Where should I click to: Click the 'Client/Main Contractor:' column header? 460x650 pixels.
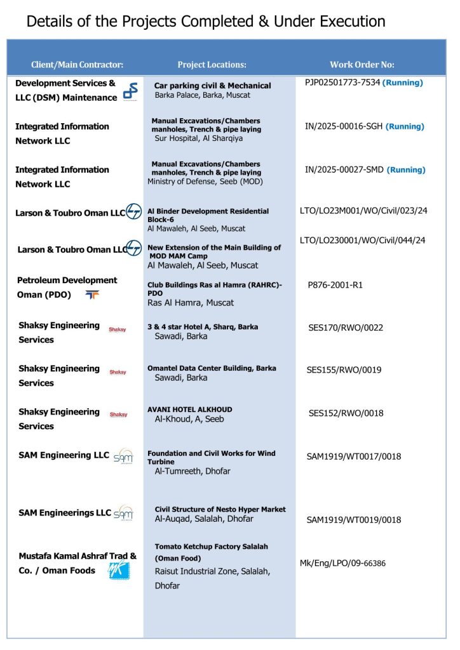point(77,65)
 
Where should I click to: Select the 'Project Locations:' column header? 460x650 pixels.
point(212,65)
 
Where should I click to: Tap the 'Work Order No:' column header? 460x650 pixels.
point(362,65)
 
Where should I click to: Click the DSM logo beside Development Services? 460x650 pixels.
point(130,92)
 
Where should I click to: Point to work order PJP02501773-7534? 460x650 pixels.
point(342,83)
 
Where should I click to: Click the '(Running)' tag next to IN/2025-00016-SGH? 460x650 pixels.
point(405,126)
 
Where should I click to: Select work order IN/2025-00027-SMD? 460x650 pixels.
point(344,169)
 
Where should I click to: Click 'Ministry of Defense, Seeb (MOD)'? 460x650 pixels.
point(205,182)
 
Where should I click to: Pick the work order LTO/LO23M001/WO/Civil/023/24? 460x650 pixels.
point(363,211)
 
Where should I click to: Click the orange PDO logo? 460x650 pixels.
point(92,295)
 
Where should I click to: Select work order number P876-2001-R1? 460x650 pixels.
point(335,285)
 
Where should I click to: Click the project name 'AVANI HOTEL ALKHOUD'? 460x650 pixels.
point(190,409)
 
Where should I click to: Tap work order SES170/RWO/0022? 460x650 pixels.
point(346,328)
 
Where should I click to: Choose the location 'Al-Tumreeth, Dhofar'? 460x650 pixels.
point(193,471)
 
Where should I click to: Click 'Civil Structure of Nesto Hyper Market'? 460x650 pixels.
point(220,509)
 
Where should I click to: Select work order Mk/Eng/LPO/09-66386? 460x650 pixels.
point(342,563)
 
